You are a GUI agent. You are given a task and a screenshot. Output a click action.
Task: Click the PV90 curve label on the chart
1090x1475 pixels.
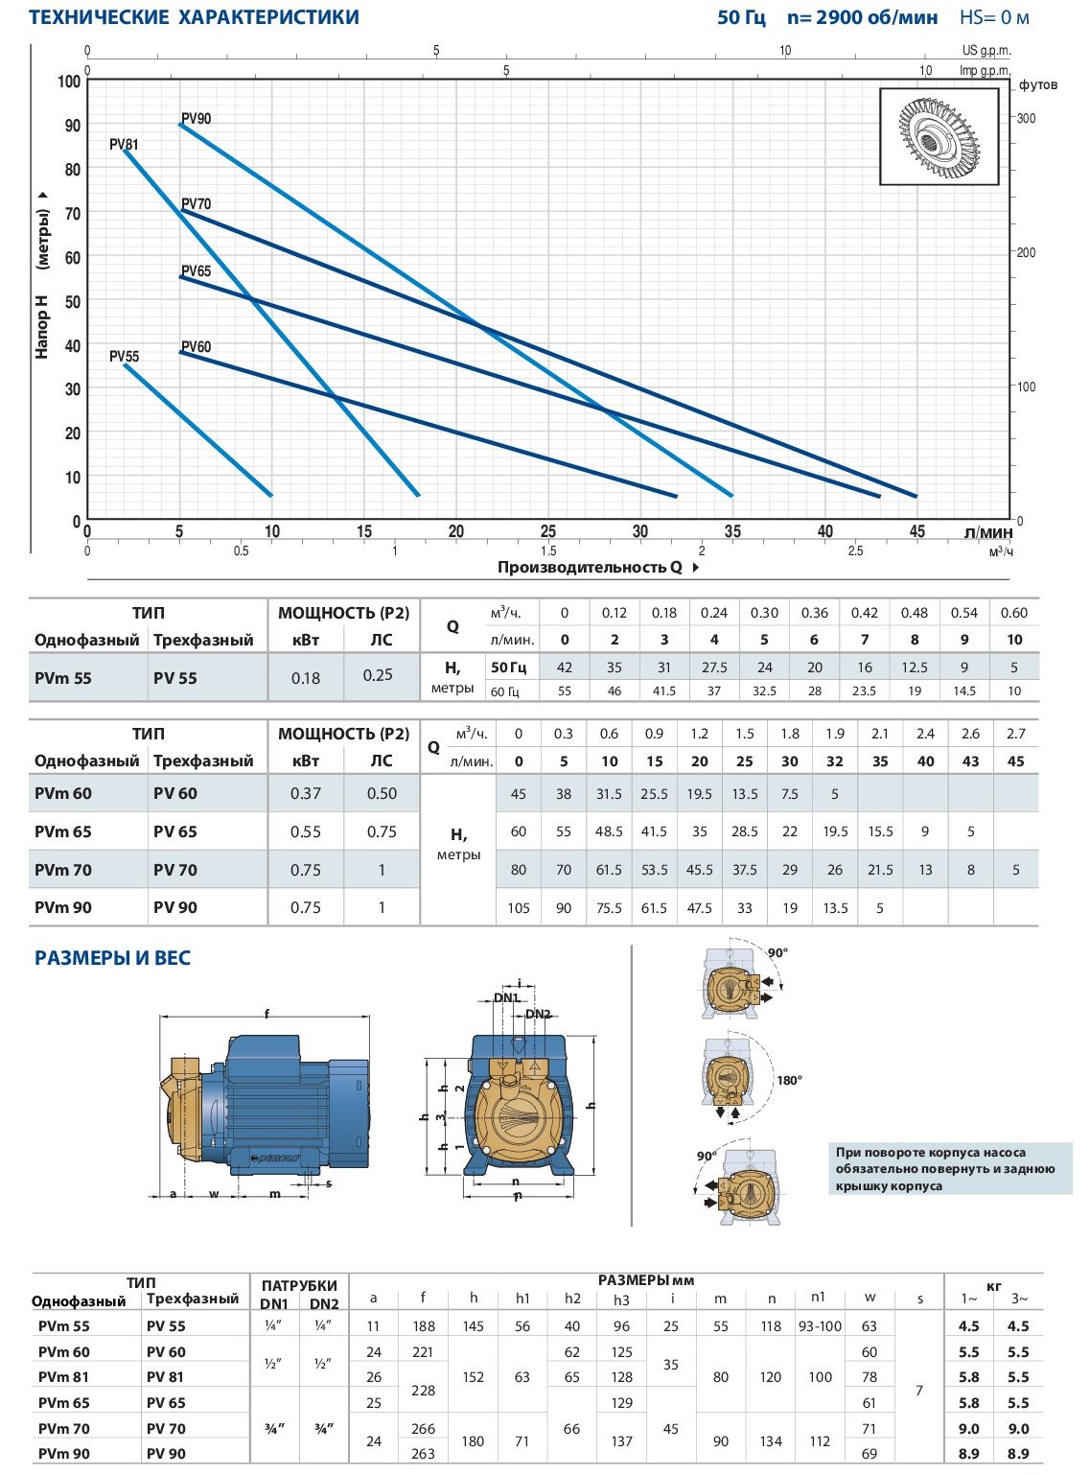(197, 118)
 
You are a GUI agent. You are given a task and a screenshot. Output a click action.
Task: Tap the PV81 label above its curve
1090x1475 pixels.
(124, 144)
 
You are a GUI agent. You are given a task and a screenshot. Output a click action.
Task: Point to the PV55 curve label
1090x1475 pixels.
(125, 357)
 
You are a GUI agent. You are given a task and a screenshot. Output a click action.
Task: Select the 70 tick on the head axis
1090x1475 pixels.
(73, 214)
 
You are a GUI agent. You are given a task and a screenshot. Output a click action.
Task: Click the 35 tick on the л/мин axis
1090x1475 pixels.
(732, 531)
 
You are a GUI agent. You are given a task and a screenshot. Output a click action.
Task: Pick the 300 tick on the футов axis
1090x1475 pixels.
(1026, 118)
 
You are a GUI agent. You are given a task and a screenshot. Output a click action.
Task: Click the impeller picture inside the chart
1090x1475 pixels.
(939, 136)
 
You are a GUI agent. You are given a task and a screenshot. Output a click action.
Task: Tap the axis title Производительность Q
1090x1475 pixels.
(590, 567)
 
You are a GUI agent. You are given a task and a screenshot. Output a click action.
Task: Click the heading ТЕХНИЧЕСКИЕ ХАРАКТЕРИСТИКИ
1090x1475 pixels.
(195, 17)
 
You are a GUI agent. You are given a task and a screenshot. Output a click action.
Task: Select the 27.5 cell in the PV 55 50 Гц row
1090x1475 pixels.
(714, 667)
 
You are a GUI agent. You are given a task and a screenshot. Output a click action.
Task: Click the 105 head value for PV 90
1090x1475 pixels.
(519, 908)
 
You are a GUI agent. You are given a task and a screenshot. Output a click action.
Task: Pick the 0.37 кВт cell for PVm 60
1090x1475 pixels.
(306, 793)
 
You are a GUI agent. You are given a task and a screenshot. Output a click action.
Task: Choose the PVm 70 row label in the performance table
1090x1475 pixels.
(63, 870)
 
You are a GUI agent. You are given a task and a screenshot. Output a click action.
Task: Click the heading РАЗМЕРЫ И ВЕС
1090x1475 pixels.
(112, 958)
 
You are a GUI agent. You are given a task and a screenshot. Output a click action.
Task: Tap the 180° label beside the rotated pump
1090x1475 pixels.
(789, 1081)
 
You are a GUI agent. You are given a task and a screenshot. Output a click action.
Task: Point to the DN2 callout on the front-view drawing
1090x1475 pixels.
(538, 1014)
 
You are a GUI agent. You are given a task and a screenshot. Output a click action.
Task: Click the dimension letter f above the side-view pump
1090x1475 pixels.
(267, 1014)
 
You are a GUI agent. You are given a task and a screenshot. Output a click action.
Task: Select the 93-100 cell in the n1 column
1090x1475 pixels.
(820, 1326)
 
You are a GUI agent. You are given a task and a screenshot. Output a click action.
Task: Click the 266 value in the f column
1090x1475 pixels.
(423, 1428)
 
